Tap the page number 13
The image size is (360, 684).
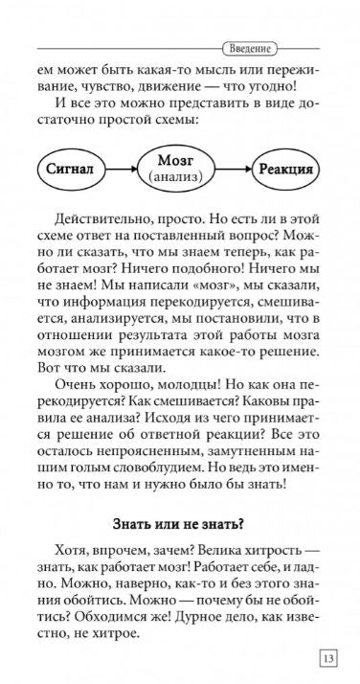coord(327,658)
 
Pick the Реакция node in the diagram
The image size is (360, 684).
coord(286,169)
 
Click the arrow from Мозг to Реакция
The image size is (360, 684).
coord(237,169)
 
